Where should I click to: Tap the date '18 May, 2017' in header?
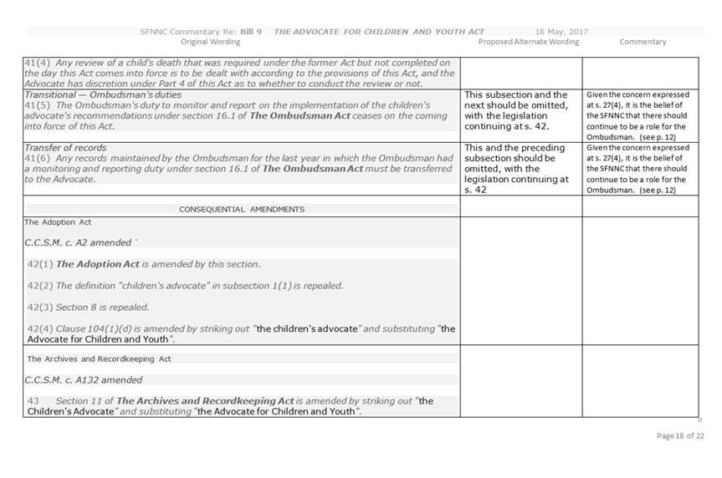561,32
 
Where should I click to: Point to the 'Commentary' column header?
643,42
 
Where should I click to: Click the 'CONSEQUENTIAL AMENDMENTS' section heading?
242,209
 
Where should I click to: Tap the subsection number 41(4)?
36,63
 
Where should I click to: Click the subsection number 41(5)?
36,105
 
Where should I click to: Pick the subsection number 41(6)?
36,159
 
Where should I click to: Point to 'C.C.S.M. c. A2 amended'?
78,242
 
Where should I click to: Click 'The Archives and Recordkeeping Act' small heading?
99,358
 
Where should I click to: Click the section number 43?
33,401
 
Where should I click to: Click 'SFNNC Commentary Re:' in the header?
188,32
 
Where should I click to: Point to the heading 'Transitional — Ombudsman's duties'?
103,94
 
